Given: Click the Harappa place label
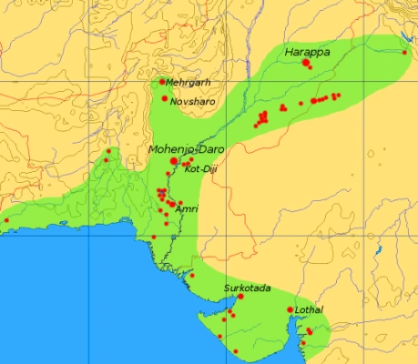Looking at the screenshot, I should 307,53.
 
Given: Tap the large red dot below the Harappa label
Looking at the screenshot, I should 306,63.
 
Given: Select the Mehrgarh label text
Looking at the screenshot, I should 188,83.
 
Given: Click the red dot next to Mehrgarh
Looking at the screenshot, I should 162,82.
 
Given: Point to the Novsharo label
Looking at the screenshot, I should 193,101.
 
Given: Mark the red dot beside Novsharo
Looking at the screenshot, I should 165,98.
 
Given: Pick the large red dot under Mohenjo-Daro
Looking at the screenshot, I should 174,160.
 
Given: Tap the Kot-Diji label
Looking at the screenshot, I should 199,169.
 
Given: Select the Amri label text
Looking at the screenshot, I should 186,208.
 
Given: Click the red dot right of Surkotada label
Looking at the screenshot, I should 240,297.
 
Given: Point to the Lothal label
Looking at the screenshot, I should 310,310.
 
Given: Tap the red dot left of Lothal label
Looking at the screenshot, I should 291,310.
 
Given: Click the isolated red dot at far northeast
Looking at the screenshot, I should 404,52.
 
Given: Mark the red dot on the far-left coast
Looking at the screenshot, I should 6,219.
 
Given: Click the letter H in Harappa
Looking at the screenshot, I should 288,53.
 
